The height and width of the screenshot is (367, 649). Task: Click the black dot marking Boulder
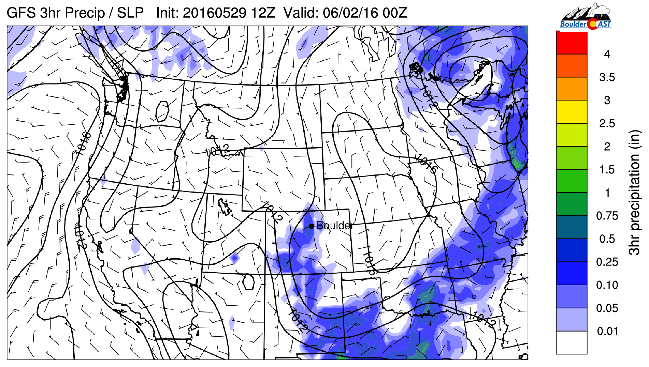[x=311, y=226]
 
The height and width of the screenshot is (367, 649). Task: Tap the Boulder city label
[x=334, y=226]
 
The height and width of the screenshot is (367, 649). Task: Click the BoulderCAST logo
[x=586, y=16]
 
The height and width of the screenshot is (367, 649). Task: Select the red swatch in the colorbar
[x=572, y=43]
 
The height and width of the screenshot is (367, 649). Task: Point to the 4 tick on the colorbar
[x=607, y=54]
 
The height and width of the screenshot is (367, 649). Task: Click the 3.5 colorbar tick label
[x=607, y=77]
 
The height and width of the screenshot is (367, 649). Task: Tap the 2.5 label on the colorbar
[x=607, y=123]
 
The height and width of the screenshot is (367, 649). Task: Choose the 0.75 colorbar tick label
[x=607, y=216]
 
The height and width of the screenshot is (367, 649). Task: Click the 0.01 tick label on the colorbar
[x=607, y=331]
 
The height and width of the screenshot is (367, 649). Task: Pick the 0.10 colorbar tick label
[x=607, y=285]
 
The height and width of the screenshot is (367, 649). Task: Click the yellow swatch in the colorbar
[x=572, y=112]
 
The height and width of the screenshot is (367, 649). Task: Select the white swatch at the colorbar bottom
[x=572, y=342]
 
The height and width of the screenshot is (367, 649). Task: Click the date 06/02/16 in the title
[x=350, y=13]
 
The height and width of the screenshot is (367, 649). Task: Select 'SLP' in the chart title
[x=130, y=13]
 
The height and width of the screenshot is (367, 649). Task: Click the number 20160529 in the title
[x=214, y=13]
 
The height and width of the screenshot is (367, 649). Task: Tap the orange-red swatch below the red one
[x=572, y=65]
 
